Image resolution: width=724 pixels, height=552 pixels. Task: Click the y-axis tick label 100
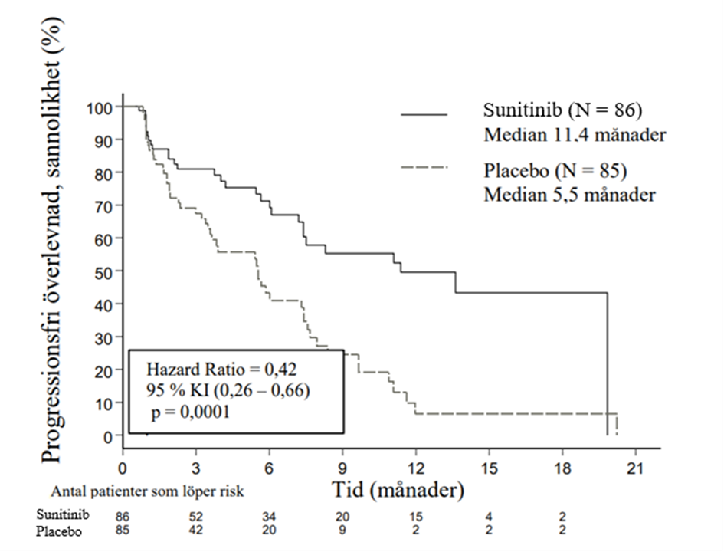click(x=99, y=107)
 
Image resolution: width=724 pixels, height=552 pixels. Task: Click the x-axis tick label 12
click(x=416, y=469)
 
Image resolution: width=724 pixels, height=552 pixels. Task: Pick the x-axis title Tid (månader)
click(x=398, y=489)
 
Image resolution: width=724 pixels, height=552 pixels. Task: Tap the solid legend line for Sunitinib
click(x=424, y=114)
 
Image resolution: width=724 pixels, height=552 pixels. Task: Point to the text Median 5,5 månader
click(x=569, y=195)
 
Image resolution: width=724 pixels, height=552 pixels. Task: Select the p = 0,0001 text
click(x=192, y=412)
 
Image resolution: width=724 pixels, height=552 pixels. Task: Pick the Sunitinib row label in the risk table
click(x=57, y=514)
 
